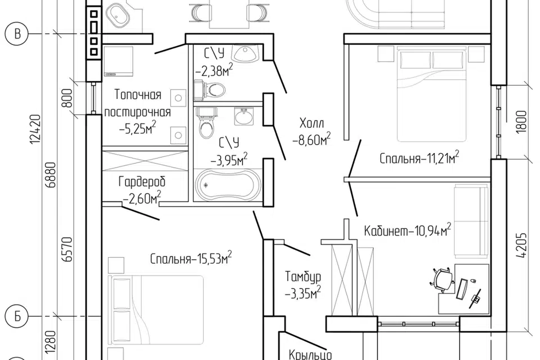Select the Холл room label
[312, 131]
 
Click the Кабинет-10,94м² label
[408, 231]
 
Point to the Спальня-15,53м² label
[191, 259]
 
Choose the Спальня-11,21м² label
[419, 158]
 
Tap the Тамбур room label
[303, 285]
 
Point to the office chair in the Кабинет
[443, 279]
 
